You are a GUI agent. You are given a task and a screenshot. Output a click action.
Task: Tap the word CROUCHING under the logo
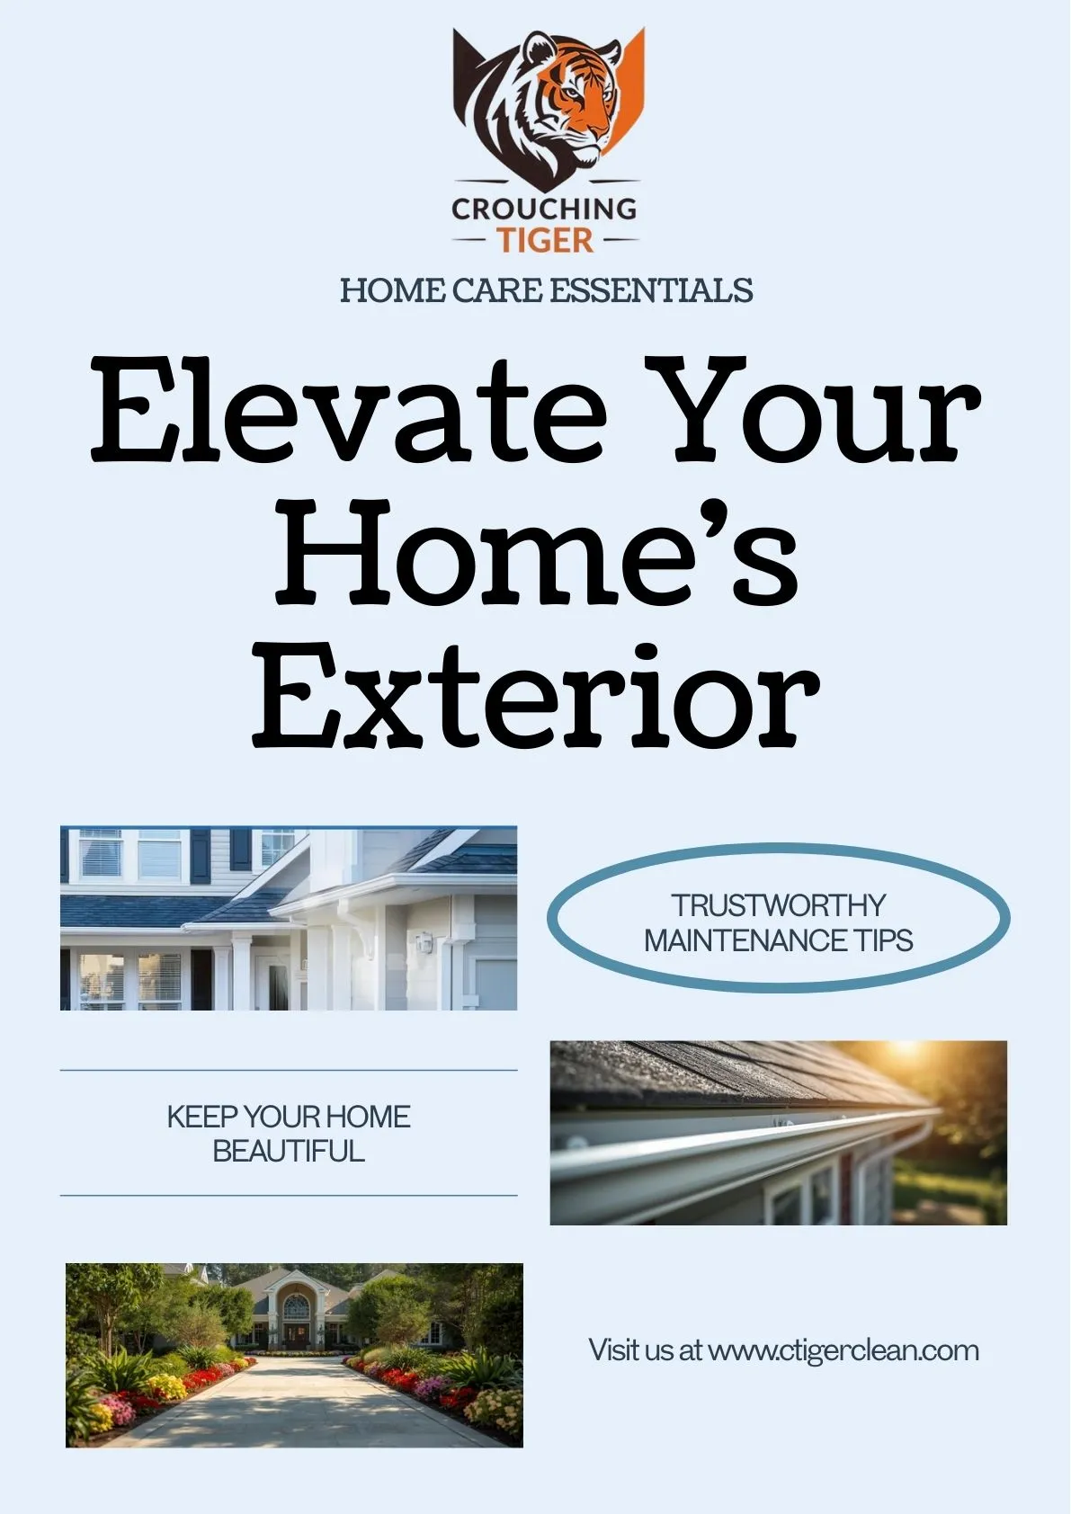point(544,209)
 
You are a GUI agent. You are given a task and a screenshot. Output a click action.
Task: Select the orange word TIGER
point(545,240)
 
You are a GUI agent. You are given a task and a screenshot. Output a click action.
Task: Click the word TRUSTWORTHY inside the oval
point(779,904)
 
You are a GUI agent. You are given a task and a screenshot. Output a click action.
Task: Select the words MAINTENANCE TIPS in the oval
point(779,940)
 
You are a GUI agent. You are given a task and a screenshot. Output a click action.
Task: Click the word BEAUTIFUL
point(289,1152)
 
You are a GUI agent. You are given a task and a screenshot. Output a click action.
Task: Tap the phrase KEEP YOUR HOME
point(289,1118)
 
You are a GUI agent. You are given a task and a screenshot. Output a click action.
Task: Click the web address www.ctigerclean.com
point(843,1350)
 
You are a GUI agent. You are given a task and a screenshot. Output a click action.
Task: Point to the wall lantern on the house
point(424,942)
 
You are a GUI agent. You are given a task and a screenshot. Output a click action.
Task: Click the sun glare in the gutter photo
point(908,1052)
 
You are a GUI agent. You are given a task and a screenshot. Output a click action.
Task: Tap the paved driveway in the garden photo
point(297,1403)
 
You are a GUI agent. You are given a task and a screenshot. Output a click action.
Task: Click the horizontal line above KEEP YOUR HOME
point(289,1071)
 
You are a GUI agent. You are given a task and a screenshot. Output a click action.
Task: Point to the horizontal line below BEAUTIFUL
point(289,1196)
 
